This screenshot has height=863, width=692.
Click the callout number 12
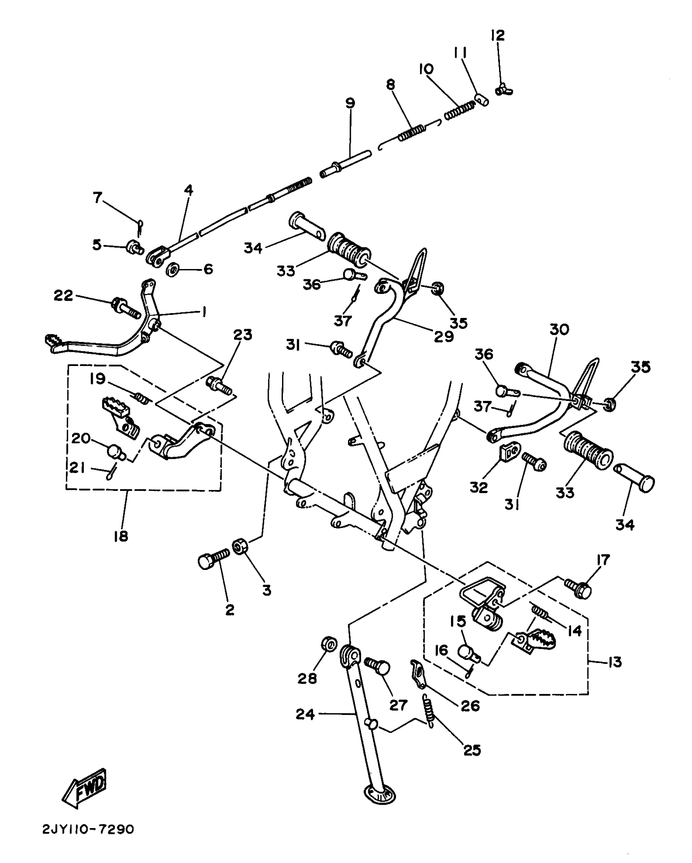[497, 35]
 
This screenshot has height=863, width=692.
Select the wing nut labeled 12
[504, 90]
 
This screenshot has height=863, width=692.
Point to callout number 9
[350, 103]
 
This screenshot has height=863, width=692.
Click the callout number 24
[305, 714]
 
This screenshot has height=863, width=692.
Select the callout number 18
[121, 536]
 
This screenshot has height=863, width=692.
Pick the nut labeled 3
[239, 546]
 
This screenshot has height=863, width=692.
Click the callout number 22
[63, 296]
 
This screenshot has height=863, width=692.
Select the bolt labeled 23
[219, 386]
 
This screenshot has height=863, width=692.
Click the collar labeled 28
[329, 644]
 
